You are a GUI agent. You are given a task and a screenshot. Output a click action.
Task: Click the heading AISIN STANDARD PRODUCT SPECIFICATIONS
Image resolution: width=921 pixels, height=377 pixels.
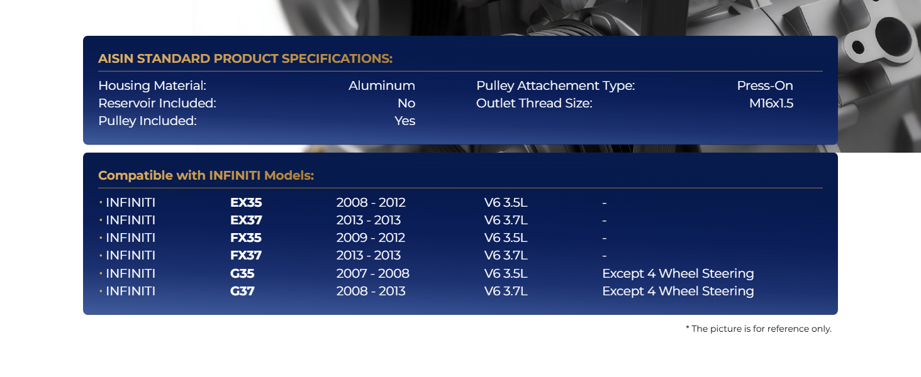(x=245, y=58)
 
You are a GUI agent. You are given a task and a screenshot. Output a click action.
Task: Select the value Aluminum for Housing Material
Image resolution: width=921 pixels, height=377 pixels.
(x=382, y=85)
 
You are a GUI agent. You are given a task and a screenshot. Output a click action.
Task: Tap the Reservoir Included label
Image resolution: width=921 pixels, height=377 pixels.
(x=157, y=103)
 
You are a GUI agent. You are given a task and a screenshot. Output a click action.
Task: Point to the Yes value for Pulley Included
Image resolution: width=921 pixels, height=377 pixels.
(x=405, y=121)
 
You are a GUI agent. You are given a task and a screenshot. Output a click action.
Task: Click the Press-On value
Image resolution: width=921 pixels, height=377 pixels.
(x=765, y=85)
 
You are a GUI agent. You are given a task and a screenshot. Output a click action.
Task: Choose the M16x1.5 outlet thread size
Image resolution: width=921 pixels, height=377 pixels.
(x=771, y=103)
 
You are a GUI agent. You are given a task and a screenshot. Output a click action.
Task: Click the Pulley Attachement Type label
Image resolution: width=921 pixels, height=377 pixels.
(x=555, y=86)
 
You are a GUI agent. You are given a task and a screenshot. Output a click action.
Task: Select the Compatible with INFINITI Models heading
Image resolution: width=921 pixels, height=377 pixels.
(x=206, y=175)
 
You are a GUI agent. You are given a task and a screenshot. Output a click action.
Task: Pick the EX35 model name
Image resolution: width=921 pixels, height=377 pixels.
(x=246, y=202)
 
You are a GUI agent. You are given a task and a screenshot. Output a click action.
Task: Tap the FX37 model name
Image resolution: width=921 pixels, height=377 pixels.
(x=246, y=256)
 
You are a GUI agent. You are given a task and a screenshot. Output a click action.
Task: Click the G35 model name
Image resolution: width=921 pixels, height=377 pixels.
(x=242, y=273)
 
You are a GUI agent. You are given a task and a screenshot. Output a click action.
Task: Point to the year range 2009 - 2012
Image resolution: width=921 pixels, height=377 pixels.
(x=371, y=238)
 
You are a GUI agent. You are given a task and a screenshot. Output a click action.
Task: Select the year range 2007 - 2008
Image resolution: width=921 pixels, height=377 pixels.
(x=372, y=273)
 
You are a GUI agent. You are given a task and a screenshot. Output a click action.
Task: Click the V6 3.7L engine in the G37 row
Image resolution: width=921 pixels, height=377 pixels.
(x=506, y=291)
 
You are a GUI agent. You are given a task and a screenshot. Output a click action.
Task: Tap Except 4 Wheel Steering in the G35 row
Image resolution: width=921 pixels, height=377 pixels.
(x=678, y=273)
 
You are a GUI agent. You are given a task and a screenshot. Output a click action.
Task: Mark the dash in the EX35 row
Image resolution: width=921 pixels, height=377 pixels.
(x=605, y=203)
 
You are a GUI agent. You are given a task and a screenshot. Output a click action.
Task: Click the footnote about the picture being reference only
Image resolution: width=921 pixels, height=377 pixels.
(x=759, y=329)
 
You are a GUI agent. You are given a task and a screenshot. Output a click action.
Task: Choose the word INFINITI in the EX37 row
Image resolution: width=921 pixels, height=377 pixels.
(x=130, y=220)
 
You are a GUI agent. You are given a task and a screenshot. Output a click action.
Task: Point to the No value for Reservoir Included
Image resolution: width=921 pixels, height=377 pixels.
(x=406, y=103)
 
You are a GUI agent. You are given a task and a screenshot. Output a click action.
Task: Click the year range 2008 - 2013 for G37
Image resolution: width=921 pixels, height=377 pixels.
(x=371, y=291)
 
